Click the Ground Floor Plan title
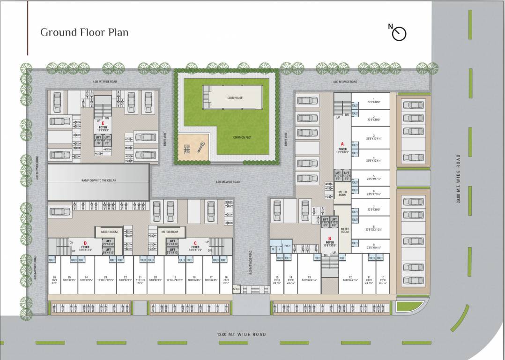pyautogui.click(x=84, y=32)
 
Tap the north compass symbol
pyautogui.click(x=399, y=33)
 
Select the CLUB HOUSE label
pyautogui.click(x=235, y=98)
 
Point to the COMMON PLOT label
pyautogui.click(x=243, y=137)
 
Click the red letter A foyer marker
pyautogui.click(x=342, y=144)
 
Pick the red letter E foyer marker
pyautogui.click(x=103, y=123)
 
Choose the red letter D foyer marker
pyautogui.click(x=85, y=242)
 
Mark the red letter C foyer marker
pyautogui.click(x=195, y=242)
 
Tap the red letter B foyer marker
pyautogui.click(x=330, y=238)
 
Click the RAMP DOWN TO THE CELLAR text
pyautogui.click(x=98, y=180)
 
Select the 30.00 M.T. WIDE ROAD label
pyautogui.click(x=458, y=179)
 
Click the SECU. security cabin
pyautogui.click(x=237, y=290)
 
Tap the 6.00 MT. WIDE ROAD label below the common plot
pyautogui.click(x=228, y=182)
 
